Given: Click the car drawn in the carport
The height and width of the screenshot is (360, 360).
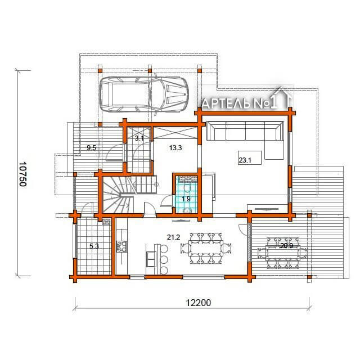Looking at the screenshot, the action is [143, 94].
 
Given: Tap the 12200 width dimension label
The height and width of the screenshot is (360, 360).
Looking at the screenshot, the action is [198, 303].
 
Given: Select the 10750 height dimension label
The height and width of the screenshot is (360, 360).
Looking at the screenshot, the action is [22, 174].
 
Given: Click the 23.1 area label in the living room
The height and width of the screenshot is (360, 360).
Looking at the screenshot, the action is [245, 160].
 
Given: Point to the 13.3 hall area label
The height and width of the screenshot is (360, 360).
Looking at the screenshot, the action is [175, 148].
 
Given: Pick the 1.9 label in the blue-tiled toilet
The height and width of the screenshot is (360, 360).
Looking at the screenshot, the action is [186, 199].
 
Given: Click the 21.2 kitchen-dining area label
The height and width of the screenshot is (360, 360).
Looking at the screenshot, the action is [173, 237].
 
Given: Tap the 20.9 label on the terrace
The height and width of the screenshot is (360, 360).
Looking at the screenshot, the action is [286, 246].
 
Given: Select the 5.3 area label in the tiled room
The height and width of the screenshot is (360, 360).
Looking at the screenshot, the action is [94, 246].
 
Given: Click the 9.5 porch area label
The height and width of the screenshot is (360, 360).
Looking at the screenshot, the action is [91, 148].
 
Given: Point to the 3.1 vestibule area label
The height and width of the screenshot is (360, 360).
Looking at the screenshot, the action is [139, 138].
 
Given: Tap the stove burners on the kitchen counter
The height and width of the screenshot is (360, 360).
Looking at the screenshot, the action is [121, 246].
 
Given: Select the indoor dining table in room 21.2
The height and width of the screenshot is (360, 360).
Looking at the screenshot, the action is [206, 248].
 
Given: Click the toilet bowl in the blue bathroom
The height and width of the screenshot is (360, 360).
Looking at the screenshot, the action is [187, 187].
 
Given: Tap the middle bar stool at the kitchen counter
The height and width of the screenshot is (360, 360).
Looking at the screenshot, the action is [164, 259].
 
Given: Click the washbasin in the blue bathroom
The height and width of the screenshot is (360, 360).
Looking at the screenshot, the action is [187, 210].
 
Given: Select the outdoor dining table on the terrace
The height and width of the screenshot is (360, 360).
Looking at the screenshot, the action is [283, 253].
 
